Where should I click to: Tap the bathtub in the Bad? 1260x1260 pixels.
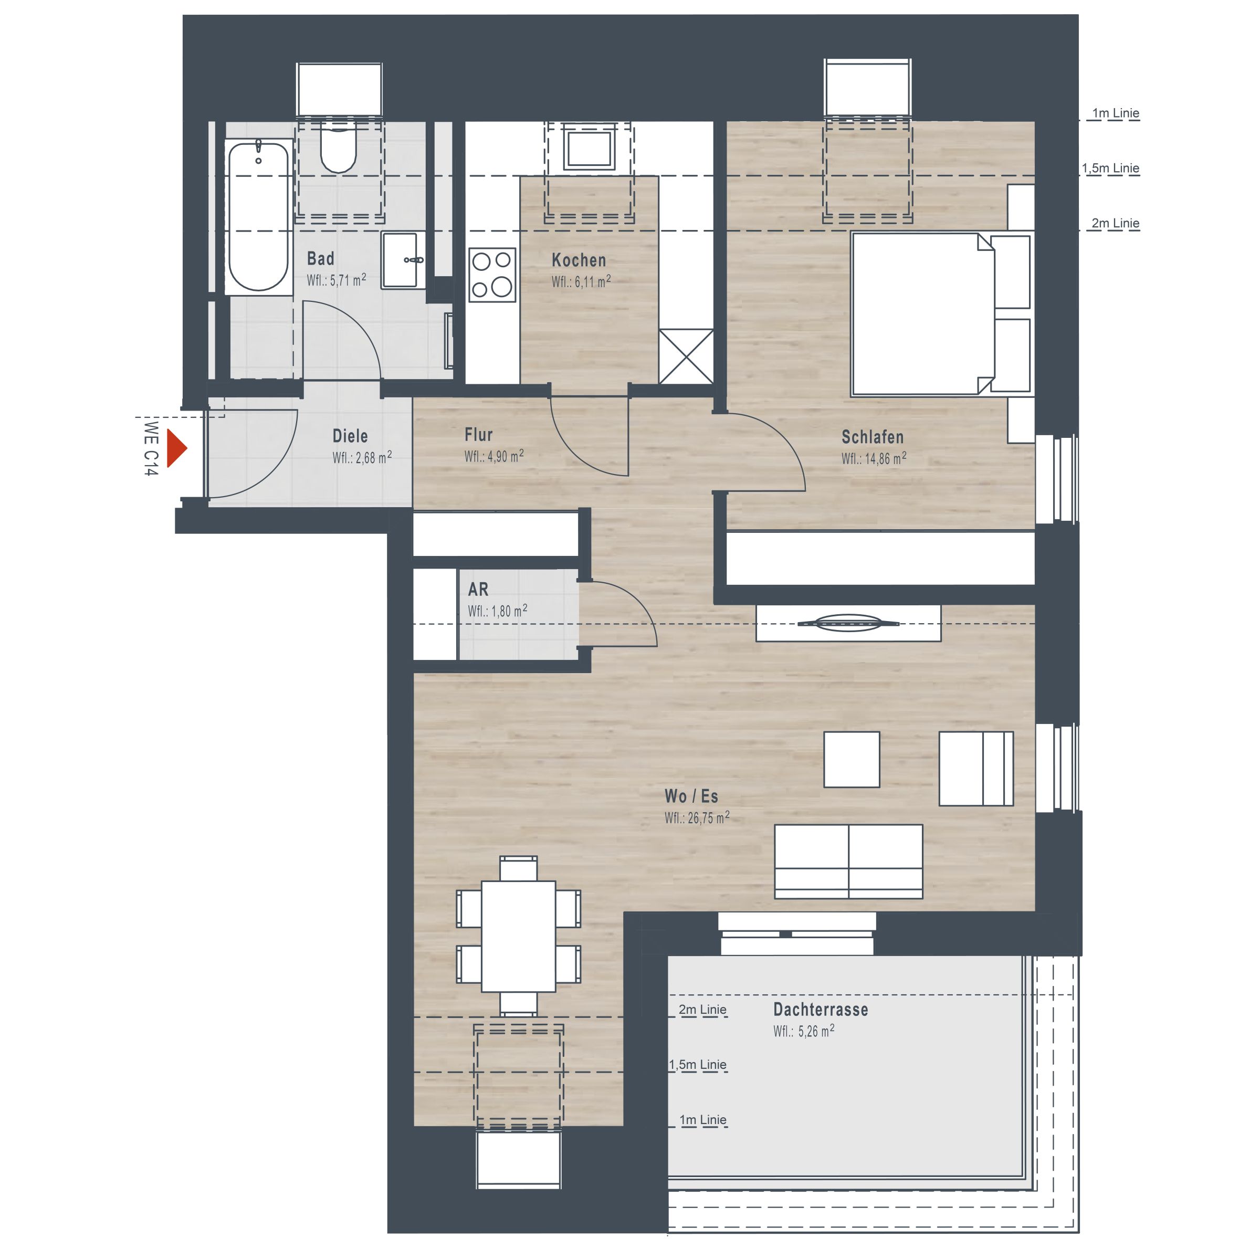[x=259, y=216]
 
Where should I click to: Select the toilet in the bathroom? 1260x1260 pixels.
[x=338, y=149]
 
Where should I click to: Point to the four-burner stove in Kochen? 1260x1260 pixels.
[x=492, y=275]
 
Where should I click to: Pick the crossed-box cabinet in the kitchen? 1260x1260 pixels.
[x=686, y=357]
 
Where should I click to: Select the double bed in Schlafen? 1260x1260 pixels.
[x=941, y=314]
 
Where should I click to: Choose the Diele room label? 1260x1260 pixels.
[x=350, y=436]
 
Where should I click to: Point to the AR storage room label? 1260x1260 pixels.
[x=478, y=589]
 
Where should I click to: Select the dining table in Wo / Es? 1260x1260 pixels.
[x=519, y=936]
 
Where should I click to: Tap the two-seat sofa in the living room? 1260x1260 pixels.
[x=848, y=862]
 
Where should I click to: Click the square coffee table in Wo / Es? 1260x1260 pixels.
[x=852, y=759]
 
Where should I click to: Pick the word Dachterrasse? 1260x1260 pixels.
[x=821, y=1009]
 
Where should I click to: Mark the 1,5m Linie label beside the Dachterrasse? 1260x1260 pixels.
[x=698, y=1064]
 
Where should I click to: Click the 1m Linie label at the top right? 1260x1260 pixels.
[x=1116, y=113]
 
